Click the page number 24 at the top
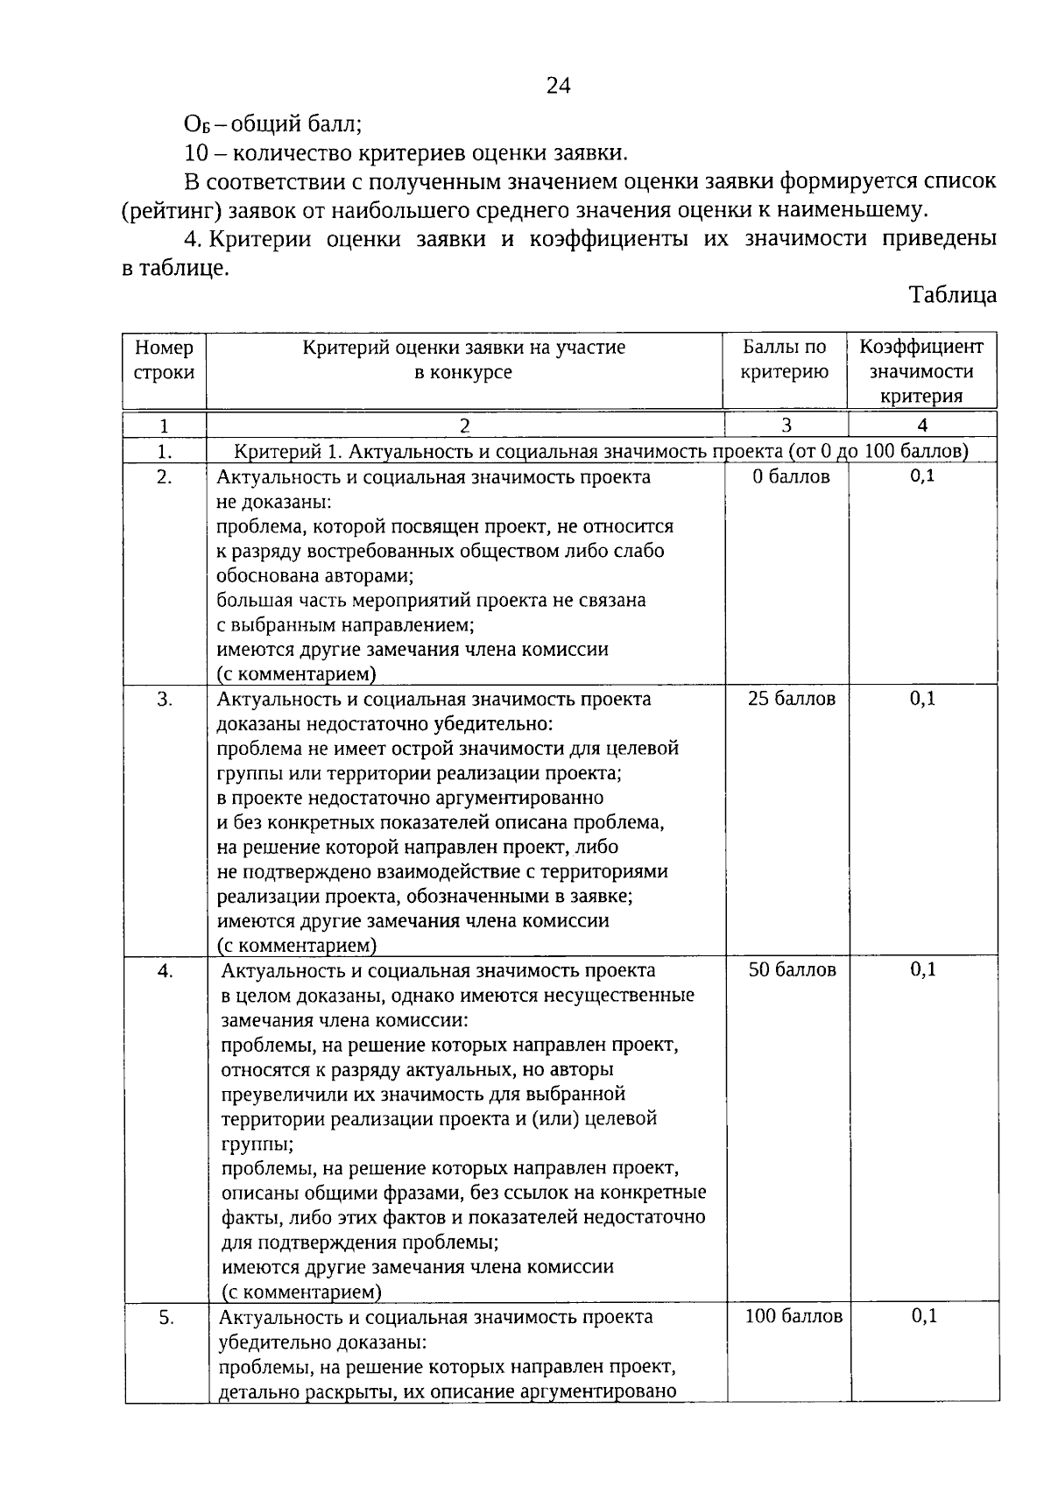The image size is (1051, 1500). click(x=559, y=85)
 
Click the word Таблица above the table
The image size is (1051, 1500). click(x=952, y=294)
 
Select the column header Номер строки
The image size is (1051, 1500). click(x=164, y=360)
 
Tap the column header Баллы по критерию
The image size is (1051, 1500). click(x=784, y=360)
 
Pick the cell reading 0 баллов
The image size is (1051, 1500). click(x=791, y=477)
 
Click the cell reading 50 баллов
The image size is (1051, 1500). click(x=792, y=970)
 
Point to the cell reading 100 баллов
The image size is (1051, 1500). click(x=794, y=1316)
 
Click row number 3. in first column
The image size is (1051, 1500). click(x=165, y=699)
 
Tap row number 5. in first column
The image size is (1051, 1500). click(x=166, y=1317)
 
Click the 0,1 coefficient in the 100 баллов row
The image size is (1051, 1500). click(x=924, y=1315)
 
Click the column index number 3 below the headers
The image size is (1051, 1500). click(x=786, y=426)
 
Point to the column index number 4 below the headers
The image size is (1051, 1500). click(x=921, y=426)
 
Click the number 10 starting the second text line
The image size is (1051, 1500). click(x=195, y=153)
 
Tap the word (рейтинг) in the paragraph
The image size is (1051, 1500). click(x=166, y=210)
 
